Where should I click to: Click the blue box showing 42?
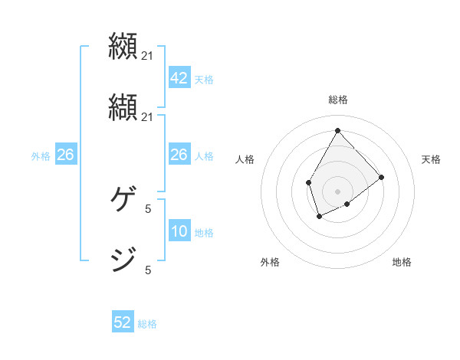coord(179,77)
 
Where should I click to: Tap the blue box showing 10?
coord(179,231)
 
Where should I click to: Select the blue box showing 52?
coord(123,322)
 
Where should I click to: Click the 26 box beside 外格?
coord(65,155)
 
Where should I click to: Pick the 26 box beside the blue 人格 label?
coord(179,155)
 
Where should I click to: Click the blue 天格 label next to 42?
coord(204,79)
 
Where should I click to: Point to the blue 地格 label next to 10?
coord(204,233)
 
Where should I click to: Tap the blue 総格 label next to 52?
coord(148,324)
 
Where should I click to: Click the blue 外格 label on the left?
coord(41,156)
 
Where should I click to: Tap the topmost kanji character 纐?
coord(124,47)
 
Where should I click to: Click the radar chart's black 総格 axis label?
coord(338,100)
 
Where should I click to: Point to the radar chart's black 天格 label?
coord(431,159)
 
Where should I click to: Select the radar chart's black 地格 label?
coord(402,262)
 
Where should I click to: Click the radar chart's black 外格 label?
coord(270,262)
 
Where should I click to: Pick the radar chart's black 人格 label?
coord(245,159)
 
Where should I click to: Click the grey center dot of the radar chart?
coord(338,191)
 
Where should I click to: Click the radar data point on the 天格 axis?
coord(382,177)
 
